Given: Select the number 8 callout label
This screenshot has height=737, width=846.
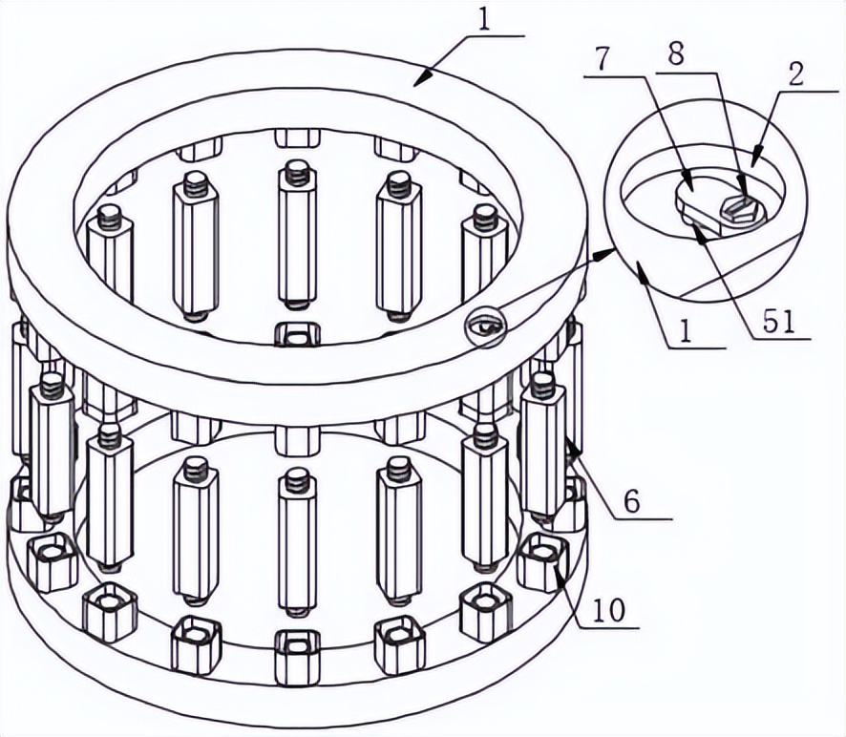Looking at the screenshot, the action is [x=675, y=54].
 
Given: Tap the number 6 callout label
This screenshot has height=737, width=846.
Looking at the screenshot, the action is [x=631, y=502].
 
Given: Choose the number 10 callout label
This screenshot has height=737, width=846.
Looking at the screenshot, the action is [x=608, y=611].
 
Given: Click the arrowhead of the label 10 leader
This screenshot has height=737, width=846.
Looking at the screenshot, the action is [x=558, y=568].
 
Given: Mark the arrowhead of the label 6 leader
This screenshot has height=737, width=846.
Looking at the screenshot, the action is [x=574, y=448].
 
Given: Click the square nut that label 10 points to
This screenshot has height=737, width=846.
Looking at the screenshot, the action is [x=542, y=561].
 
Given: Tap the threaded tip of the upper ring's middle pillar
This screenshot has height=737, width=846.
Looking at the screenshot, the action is [x=296, y=172].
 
